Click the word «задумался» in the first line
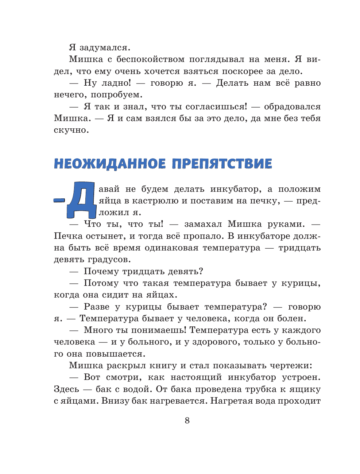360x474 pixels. click(x=104, y=48)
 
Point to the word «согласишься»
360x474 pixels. click(x=216, y=107)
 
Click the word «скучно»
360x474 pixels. click(x=71, y=131)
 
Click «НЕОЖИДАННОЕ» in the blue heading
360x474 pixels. click(x=110, y=164)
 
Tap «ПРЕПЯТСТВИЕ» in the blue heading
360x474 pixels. click(x=222, y=164)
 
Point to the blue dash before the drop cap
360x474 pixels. click(x=59, y=200)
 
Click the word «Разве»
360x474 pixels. click(x=97, y=307)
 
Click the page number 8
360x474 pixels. click(x=187, y=421)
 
